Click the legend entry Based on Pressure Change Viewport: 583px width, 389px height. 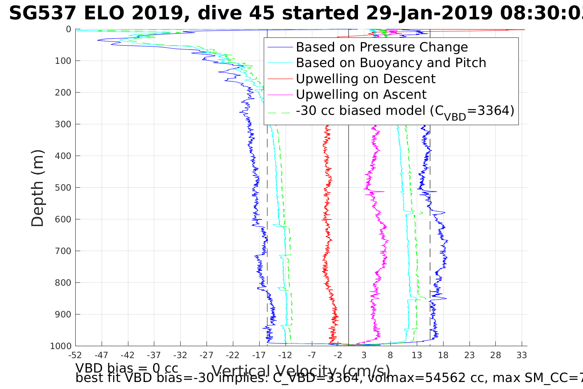[382, 47]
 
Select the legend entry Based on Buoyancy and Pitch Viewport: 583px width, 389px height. [391, 63]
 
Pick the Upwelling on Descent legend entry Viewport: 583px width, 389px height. [365, 79]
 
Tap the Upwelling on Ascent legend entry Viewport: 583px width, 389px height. [361, 95]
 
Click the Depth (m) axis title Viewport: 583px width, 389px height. [37, 188]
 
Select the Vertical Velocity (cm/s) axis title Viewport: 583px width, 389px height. [301, 371]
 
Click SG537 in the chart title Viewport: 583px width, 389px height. [42, 14]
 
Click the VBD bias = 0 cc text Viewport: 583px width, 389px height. [127, 368]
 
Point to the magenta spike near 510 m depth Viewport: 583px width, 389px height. [380, 191]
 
